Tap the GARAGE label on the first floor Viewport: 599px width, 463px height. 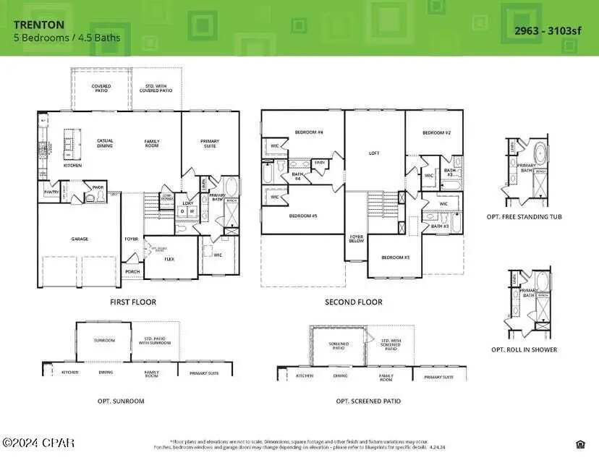tap(80, 238)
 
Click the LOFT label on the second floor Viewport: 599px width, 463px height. tap(374, 153)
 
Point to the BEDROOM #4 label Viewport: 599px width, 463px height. tap(309, 132)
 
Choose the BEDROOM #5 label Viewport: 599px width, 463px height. tap(304, 216)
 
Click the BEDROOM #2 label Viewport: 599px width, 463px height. tap(437, 133)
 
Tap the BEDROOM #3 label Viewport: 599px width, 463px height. tap(396, 258)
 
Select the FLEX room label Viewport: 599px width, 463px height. tap(170, 258)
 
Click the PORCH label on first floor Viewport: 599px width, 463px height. tap(132, 272)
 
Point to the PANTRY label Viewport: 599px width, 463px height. tap(51, 192)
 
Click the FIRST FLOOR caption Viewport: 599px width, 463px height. tap(132, 302)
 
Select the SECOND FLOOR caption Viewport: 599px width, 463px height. tap(354, 302)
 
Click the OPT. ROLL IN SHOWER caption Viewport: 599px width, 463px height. tap(535, 349)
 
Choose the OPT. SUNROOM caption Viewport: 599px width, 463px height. tap(121, 401)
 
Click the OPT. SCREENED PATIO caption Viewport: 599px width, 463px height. tap(368, 401)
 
